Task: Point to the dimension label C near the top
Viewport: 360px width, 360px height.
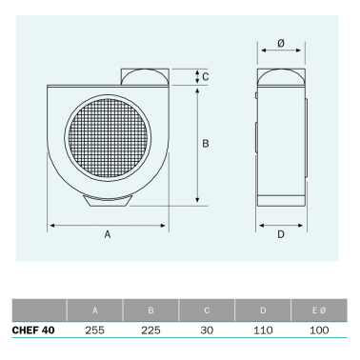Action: (207, 77)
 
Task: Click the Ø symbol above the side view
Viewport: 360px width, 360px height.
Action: (281, 45)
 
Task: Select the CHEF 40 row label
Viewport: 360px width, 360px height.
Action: (32, 330)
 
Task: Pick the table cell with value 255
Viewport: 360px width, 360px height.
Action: (94, 330)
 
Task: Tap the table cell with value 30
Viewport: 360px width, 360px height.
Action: (207, 330)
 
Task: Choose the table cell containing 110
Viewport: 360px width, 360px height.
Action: (263, 330)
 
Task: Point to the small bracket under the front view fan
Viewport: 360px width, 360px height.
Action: (107, 199)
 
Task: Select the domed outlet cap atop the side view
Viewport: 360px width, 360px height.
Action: (281, 76)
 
